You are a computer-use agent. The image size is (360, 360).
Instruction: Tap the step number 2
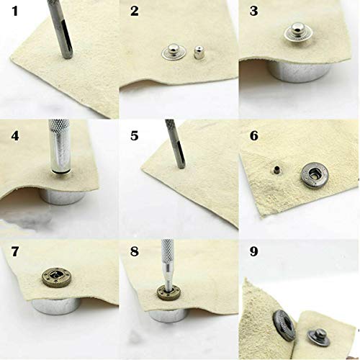click(134, 12)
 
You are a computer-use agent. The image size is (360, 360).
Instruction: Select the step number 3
click(253, 12)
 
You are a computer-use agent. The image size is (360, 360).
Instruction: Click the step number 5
click(134, 135)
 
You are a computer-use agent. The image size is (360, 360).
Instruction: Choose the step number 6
click(254, 135)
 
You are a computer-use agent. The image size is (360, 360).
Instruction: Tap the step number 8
click(134, 254)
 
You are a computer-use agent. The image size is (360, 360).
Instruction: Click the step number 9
click(254, 254)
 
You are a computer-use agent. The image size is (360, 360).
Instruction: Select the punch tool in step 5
click(173, 151)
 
